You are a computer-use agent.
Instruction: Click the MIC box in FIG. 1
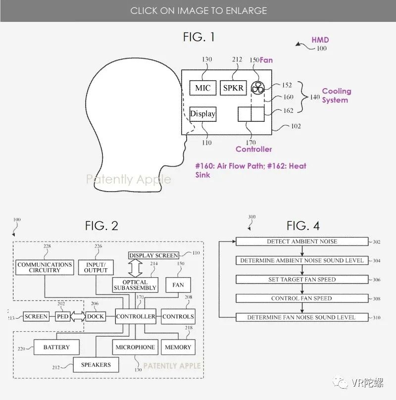coord(202,88)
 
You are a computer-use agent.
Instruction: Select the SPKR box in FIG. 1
coord(233,88)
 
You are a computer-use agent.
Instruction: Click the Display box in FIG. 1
coord(203,114)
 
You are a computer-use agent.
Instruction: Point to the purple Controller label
coord(253,149)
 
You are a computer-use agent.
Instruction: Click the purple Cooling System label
coord(336,96)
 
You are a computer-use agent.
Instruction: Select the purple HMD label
coord(320,40)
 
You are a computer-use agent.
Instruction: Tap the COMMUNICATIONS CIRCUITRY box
coord(45,267)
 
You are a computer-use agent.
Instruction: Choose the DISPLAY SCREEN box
coord(153,255)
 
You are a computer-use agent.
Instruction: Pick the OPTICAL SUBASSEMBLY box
coord(134,285)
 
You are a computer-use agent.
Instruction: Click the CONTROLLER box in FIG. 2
coord(136,316)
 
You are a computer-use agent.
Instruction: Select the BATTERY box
coord(56,347)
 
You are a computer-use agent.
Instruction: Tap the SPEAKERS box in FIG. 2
coord(96,365)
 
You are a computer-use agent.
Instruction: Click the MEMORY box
coord(178,347)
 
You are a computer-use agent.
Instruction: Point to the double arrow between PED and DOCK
coord(78,316)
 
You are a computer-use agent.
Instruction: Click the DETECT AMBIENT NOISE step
coord(302,242)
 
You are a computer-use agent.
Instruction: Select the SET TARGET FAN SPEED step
coord(302,280)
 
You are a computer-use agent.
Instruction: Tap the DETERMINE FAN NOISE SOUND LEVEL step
coord(302,317)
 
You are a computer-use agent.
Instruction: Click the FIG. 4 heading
coord(303,226)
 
